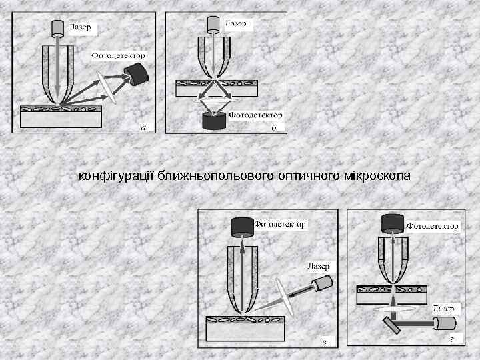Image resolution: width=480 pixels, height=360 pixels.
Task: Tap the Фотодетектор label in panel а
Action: tap(117, 55)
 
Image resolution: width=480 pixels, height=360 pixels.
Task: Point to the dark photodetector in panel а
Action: tap(138, 75)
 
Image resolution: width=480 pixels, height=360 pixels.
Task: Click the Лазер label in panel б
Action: tap(235, 23)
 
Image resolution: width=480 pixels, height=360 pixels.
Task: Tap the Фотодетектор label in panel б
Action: tap(255, 115)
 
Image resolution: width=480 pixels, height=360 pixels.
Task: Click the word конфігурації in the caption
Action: tap(117, 176)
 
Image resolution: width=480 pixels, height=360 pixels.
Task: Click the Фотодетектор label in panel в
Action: tap(279, 224)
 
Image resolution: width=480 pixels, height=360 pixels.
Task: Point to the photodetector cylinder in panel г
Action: tap(391, 224)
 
